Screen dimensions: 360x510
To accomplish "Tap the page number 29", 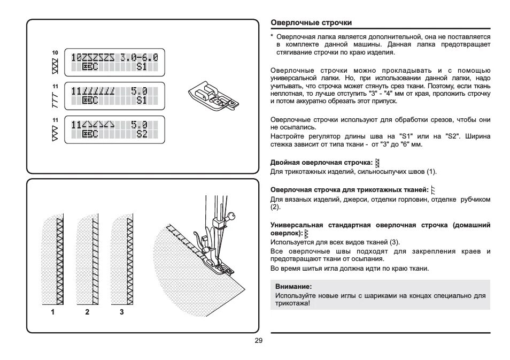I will (259, 341).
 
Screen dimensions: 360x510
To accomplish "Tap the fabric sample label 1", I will (53, 312).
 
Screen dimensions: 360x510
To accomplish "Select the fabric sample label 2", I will (87, 312).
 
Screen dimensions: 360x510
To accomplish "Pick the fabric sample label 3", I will (122, 312).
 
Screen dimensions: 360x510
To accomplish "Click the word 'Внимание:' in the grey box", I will (293, 287).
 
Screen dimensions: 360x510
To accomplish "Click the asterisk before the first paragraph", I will (272, 36).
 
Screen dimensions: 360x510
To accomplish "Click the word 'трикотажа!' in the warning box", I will (292, 303).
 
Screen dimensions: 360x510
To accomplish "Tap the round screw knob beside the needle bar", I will (230, 216).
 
